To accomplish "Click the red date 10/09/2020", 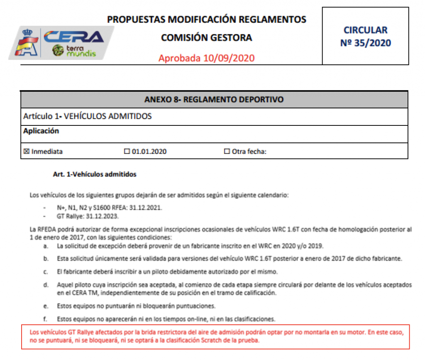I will (x=229, y=58).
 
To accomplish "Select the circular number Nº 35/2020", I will (x=366, y=42).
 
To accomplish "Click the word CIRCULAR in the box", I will (x=366, y=30).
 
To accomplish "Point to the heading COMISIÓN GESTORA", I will (x=206, y=38).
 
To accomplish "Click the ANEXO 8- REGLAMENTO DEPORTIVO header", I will (x=214, y=100).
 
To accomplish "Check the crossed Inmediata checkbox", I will (x=26, y=152).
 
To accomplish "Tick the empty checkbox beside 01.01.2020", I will (x=127, y=152).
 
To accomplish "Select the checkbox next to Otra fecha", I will (x=227, y=152).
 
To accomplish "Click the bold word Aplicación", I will (x=41, y=131).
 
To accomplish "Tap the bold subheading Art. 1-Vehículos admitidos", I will (x=95, y=174).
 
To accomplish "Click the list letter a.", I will (x=45, y=246).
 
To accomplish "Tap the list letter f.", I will (x=45, y=319).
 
